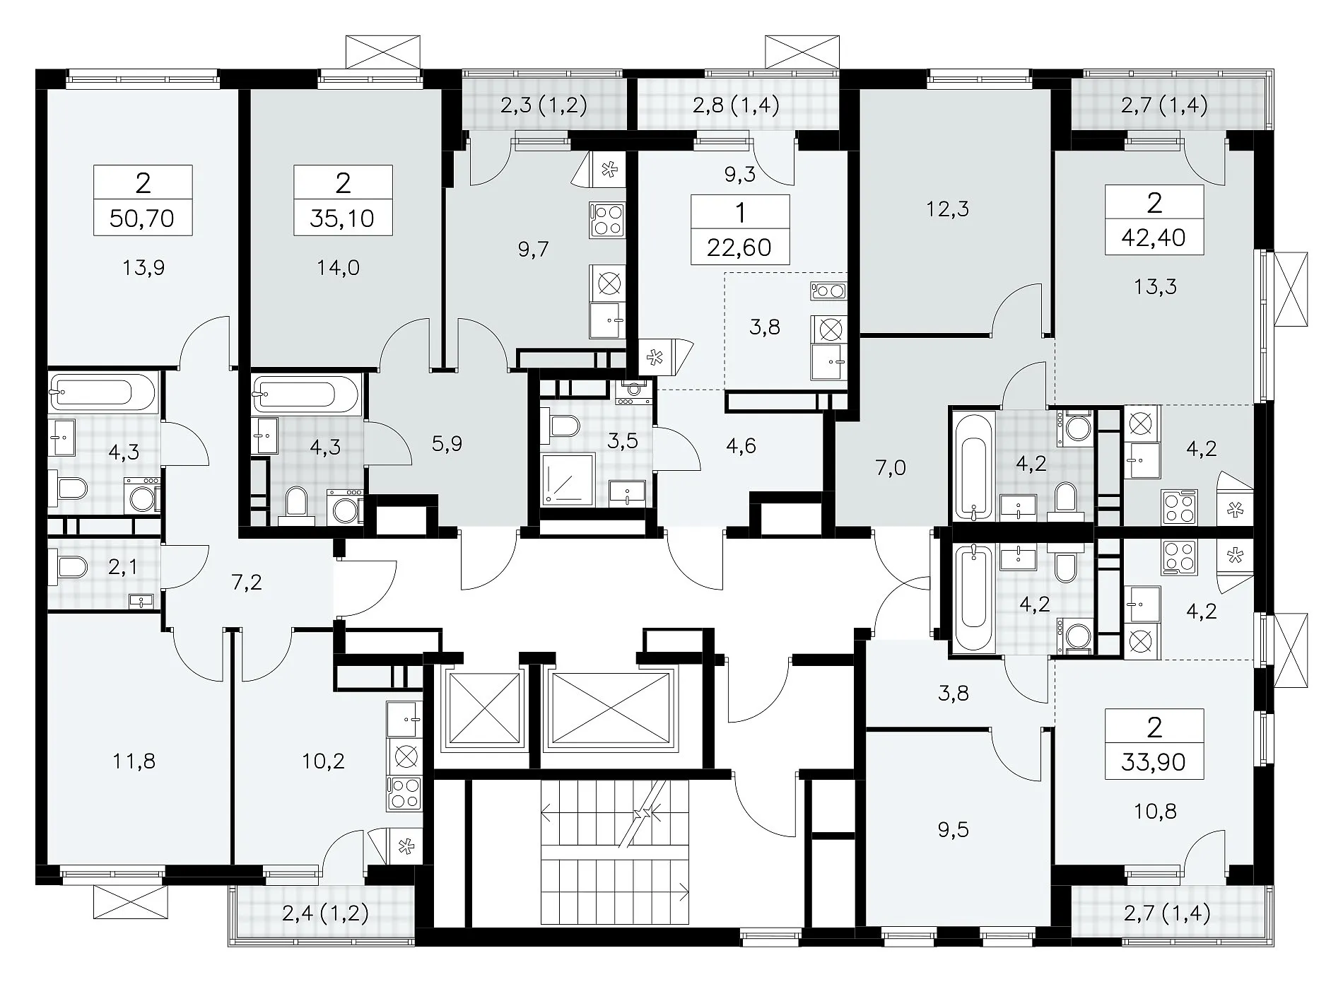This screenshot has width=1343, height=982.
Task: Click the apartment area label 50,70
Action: tap(142, 218)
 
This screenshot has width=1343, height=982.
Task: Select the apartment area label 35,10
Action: tap(342, 218)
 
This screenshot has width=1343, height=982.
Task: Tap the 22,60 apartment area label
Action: tap(740, 247)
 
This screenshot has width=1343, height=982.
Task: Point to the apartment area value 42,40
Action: tap(1154, 238)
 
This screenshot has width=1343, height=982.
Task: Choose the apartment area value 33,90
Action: tap(1154, 762)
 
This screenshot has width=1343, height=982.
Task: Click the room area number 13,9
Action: tap(143, 267)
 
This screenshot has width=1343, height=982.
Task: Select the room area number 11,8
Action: tap(134, 761)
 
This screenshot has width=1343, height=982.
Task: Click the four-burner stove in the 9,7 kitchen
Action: tap(608, 219)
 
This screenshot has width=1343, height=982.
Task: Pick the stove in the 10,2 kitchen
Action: tap(404, 793)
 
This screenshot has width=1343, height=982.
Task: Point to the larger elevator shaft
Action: tap(609, 708)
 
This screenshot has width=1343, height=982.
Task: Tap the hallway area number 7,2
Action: tap(247, 583)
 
